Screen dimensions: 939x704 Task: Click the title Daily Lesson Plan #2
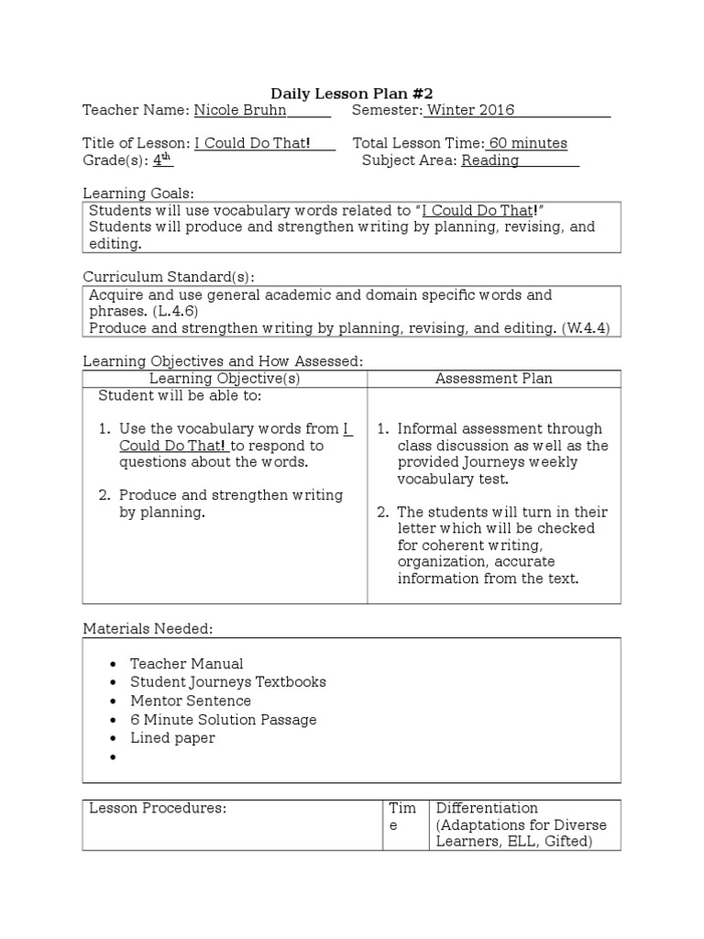click(352, 94)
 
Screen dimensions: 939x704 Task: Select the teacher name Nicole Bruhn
click(240, 111)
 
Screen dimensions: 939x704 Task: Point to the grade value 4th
click(162, 160)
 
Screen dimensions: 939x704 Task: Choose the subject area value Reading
click(489, 160)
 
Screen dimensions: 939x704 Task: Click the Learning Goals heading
click(138, 193)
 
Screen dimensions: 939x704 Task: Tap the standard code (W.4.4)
click(587, 328)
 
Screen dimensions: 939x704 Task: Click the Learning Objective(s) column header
click(225, 379)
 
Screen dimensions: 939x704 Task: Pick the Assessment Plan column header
click(493, 379)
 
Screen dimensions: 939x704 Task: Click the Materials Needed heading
click(148, 629)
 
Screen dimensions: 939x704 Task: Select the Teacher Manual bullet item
click(186, 664)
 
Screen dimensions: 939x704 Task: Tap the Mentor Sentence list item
click(190, 701)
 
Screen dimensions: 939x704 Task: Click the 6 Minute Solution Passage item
click(223, 720)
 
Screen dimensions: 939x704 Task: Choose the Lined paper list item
click(172, 738)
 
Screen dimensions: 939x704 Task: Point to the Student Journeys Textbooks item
click(227, 682)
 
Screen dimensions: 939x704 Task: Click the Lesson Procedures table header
click(157, 808)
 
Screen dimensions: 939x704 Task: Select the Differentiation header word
click(487, 808)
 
